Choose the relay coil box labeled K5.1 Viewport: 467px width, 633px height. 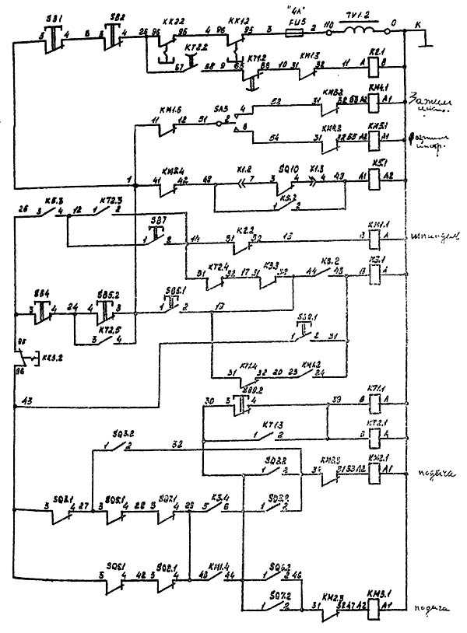(375, 178)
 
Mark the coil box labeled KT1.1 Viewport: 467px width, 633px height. (374, 401)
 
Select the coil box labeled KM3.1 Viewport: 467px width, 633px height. (374, 607)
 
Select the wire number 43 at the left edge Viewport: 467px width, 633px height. (28, 400)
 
